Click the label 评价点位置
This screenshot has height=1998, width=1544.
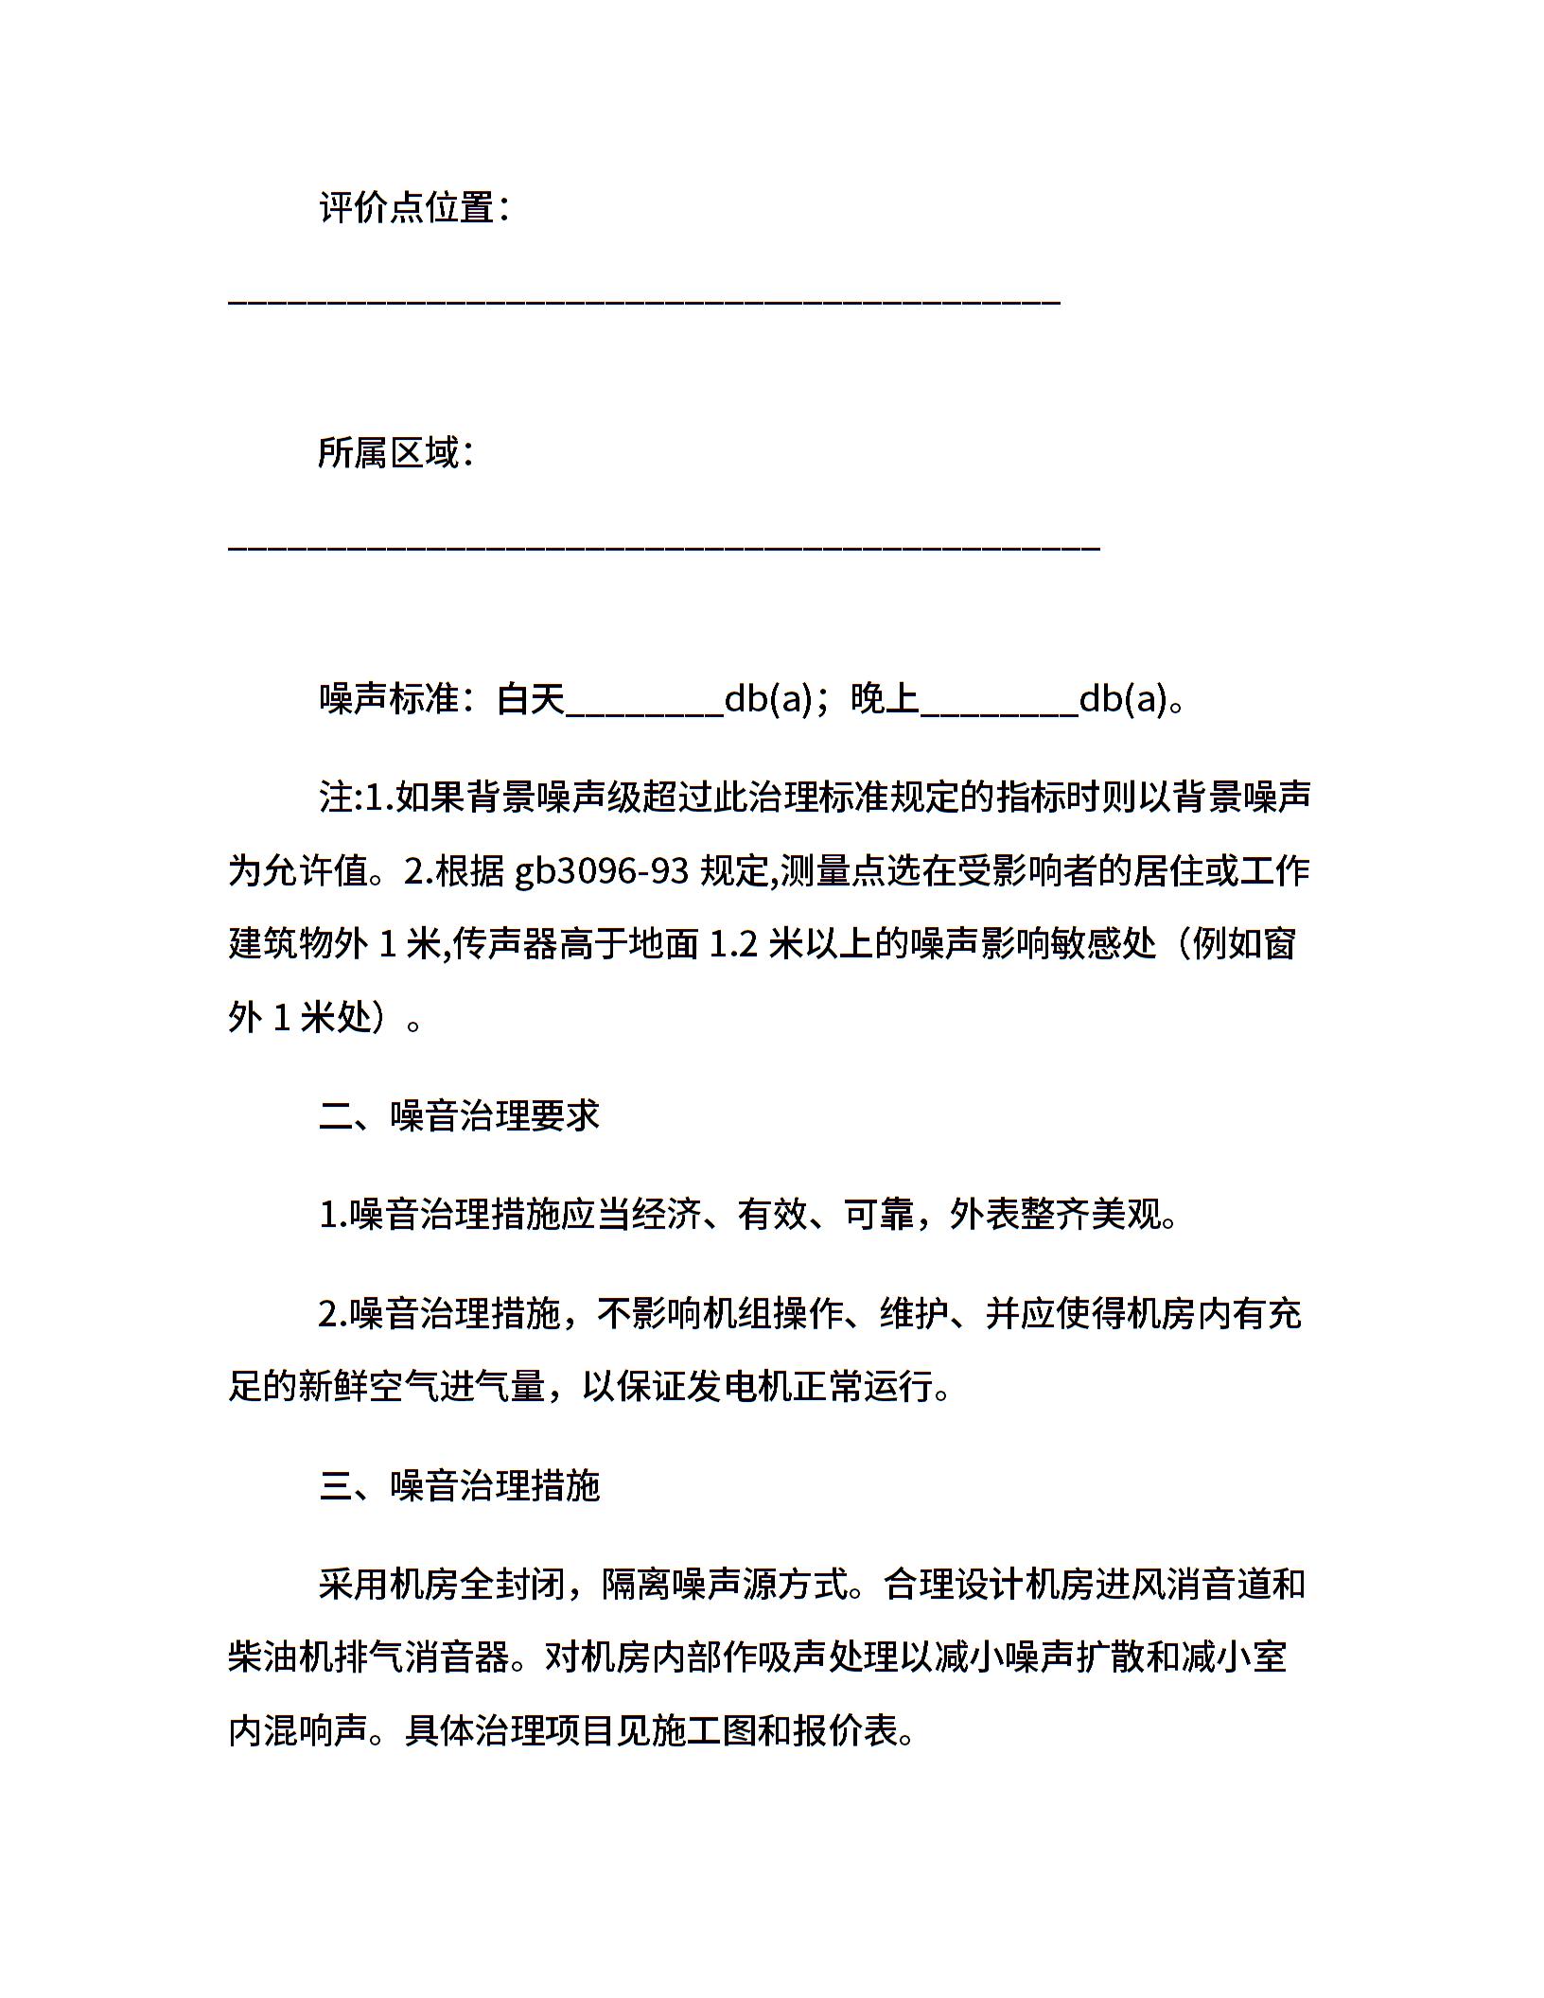[x=407, y=207]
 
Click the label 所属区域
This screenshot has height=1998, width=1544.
[x=388, y=453]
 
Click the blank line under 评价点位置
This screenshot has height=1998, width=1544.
[x=643, y=302]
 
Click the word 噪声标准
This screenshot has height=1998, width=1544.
[x=389, y=700]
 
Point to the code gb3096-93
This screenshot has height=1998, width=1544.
[x=602, y=870]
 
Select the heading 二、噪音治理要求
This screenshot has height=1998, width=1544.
[x=460, y=1116]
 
